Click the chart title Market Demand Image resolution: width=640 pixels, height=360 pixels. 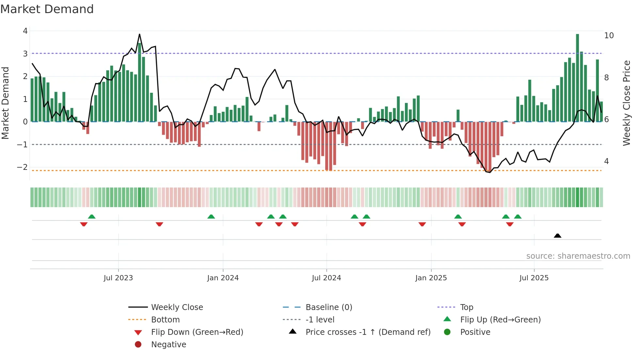pyautogui.click(x=47, y=9)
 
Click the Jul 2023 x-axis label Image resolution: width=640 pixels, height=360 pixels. pyautogui.click(x=118, y=278)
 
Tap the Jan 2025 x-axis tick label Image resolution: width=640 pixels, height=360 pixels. pyautogui.click(x=431, y=278)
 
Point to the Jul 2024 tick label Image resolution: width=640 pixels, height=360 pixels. pyautogui.click(x=326, y=278)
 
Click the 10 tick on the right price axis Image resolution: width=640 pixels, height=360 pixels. pyautogui.click(x=609, y=35)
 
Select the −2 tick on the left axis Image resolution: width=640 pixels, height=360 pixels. pyautogui.click(x=22, y=167)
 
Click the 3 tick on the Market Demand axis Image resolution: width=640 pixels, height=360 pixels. pyautogui.click(x=25, y=54)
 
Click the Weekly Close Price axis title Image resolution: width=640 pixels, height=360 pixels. pyautogui.click(x=626, y=103)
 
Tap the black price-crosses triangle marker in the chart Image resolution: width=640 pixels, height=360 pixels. pyautogui.click(x=557, y=236)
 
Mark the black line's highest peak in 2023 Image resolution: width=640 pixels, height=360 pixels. pyautogui.click(x=139, y=34)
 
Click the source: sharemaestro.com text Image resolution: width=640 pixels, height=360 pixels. pyautogui.click(x=578, y=256)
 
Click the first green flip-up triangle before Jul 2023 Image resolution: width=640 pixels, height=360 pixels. pyautogui.click(x=92, y=217)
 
